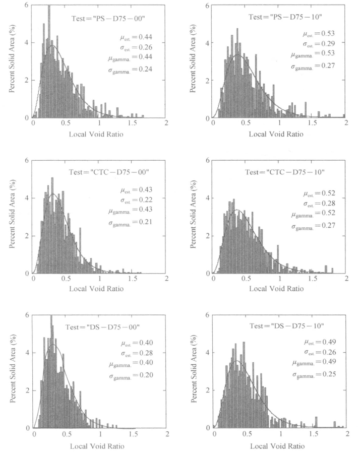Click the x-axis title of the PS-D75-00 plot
[99, 135]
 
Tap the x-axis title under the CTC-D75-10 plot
[279, 289]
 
